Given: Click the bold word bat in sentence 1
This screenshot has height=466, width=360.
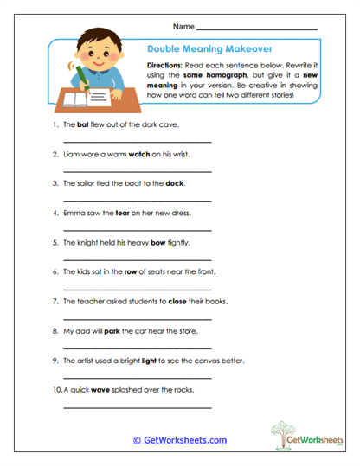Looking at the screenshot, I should point(84,124).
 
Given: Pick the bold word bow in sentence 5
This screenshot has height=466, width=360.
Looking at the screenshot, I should point(157,242).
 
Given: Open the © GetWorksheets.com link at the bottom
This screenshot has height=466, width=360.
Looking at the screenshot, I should point(180,439).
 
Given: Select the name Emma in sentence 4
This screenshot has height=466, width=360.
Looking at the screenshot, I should point(74,213).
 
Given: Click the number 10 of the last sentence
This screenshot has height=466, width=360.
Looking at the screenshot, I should point(56,389).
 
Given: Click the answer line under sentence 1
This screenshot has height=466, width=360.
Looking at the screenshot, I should point(138,140).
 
